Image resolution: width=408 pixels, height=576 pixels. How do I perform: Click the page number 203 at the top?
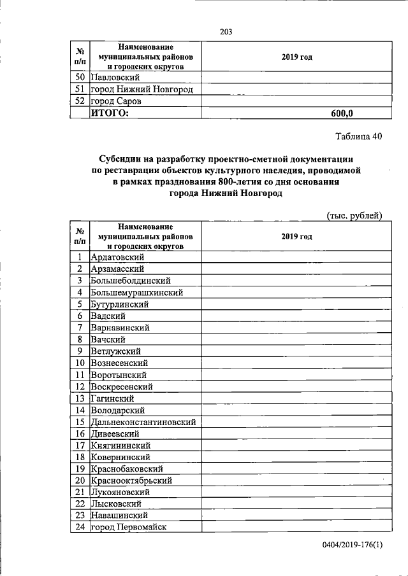[225, 32]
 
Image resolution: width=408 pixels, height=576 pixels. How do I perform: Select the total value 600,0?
[342, 113]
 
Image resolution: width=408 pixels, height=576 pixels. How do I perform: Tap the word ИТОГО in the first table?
[109, 113]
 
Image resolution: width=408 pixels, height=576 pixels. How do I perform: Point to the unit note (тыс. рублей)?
[354, 215]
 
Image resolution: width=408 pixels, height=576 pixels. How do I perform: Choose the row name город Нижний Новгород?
[141, 89]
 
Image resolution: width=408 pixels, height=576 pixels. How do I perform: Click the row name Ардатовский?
[117, 256]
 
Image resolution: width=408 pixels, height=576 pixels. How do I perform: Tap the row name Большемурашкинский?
[137, 292]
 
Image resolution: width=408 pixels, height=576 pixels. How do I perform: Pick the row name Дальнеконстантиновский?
[143, 422]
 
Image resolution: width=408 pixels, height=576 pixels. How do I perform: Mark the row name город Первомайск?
[131, 528]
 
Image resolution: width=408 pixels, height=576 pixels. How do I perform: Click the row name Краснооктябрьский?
[131, 481]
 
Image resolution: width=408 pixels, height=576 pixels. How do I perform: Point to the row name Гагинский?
[112, 398]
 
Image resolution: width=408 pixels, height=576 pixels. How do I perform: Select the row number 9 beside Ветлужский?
[80, 351]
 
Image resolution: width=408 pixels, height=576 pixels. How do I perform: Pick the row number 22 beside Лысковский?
[80, 504]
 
